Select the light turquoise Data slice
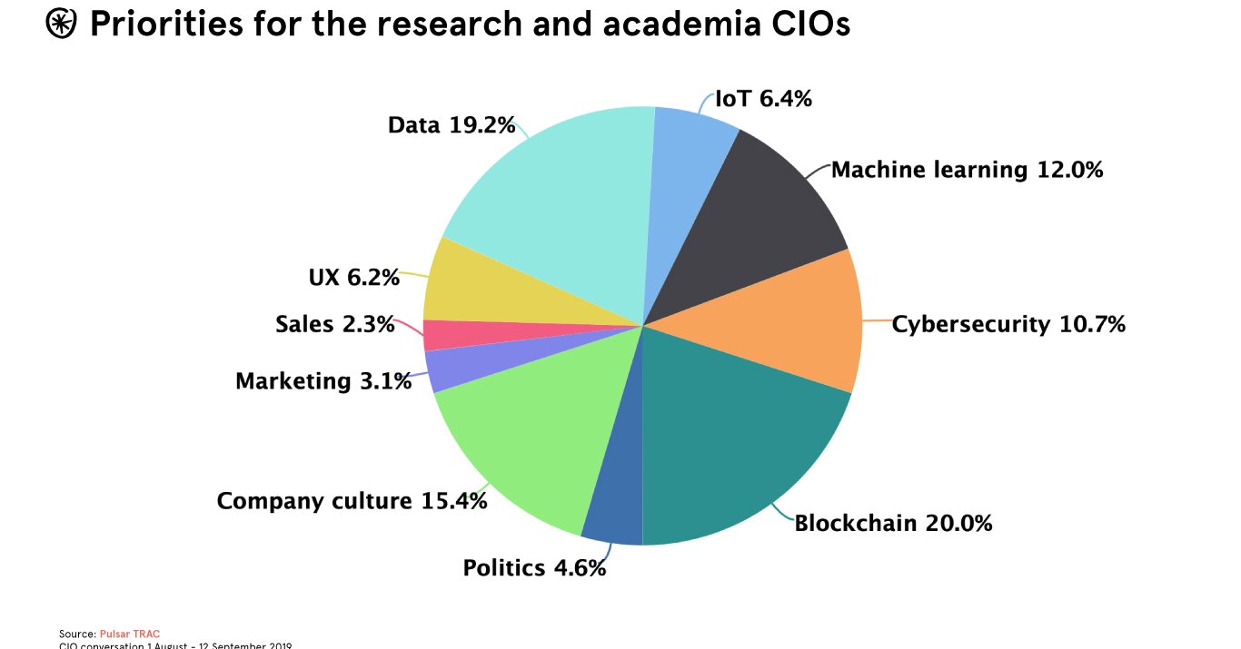[x=563, y=209]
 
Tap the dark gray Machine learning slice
[x=754, y=218]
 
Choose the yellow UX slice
[x=491, y=286]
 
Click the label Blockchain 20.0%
[x=893, y=524]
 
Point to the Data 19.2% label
[x=452, y=125]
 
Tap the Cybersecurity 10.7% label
[x=1008, y=324]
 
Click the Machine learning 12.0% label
[x=967, y=170]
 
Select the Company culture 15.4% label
[x=352, y=501]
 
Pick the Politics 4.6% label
[x=534, y=569]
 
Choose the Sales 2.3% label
[x=335, y=324]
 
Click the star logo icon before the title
[x=62, y=25]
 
